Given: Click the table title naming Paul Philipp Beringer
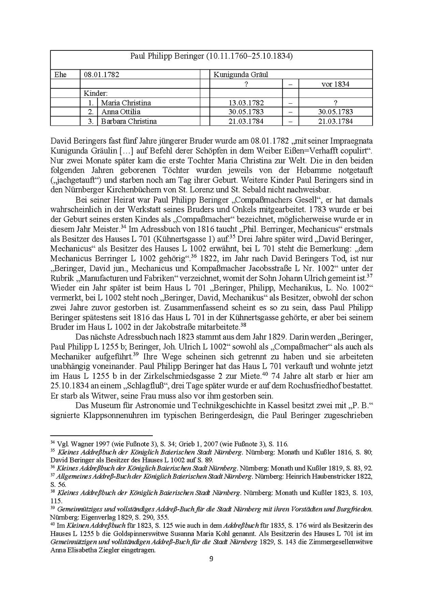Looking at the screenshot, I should pyautogui.click(x=211, y=56).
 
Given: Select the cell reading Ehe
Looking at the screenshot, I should pyautogui.click(x=60, y=75).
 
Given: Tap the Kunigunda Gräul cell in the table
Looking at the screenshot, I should pyautogui.click(x=241, y=75).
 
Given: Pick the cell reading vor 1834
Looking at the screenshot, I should pyautogui.click(x=335, y=84).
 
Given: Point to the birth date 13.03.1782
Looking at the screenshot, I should pyautogui.click(x=246, y=103).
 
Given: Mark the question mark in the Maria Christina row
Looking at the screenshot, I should pyautogui.click(x=335, y=103).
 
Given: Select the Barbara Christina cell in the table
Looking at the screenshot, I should pyautogui.click(x=129, y=121).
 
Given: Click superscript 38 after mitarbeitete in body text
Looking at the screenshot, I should pyautogui.click(x=243, y=325).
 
